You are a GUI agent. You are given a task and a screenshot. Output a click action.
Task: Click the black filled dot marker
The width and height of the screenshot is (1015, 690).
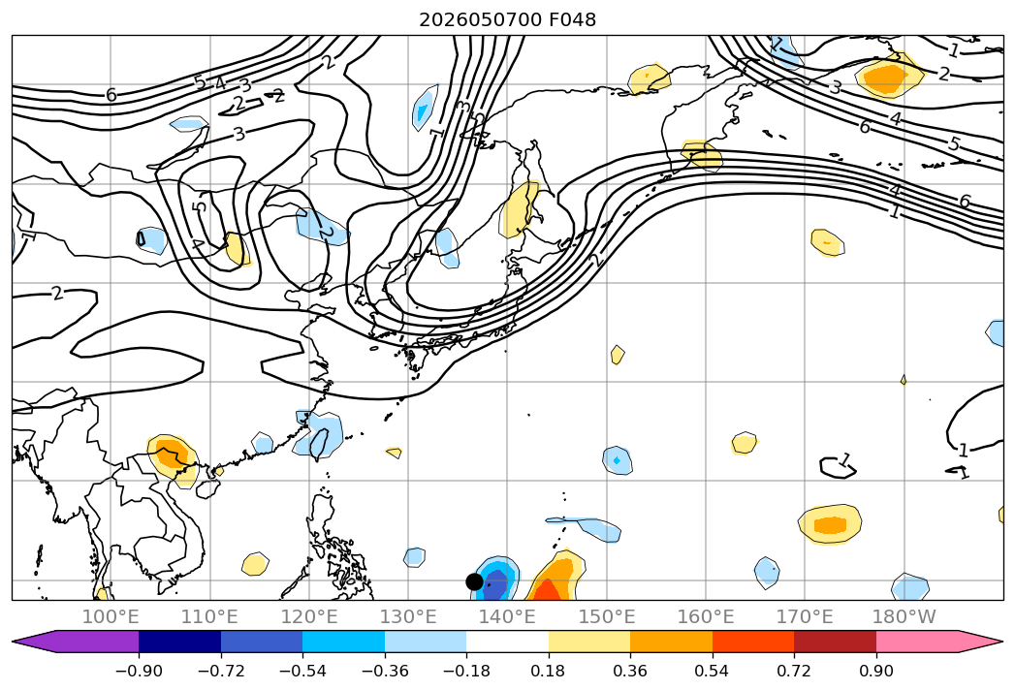coord(474,581)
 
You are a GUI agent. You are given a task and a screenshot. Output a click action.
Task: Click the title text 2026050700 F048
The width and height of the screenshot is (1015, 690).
coord(508,20)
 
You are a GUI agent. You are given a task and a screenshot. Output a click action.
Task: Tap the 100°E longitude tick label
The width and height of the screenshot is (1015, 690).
coord(111,616)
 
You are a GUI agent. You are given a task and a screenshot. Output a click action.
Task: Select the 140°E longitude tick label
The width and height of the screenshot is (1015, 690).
coord(508,616)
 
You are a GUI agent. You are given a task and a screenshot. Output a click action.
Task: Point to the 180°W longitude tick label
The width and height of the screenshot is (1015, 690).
coord(904,616)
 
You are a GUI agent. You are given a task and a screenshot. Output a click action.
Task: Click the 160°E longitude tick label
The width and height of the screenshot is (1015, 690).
coord(706,616)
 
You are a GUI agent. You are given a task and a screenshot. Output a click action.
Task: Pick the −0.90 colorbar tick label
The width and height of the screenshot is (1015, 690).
coord(139,671)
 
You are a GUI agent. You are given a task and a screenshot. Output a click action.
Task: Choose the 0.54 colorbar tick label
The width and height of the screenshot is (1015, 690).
coord(713,671)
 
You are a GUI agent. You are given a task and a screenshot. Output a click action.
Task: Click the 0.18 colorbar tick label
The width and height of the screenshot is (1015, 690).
coord(549,671)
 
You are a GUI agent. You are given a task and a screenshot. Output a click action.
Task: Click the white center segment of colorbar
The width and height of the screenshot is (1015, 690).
coord(508,641)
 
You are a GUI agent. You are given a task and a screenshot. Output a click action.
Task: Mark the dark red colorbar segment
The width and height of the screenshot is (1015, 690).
coord(835,641)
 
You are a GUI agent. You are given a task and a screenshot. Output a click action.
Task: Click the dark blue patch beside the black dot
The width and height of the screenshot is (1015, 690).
coord(496,581)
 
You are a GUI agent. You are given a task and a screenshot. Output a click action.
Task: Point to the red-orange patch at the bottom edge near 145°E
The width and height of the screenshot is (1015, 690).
coord(548,590)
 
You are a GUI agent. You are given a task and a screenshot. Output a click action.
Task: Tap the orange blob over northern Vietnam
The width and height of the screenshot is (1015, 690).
coord(172,455)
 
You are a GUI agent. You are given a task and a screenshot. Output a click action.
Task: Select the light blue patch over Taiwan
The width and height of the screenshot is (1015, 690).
coord(319,435)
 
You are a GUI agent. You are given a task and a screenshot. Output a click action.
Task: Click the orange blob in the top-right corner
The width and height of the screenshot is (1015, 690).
coord(888,77)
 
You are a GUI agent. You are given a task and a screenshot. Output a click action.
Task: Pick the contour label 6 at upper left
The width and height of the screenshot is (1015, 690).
coord(111,95)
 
